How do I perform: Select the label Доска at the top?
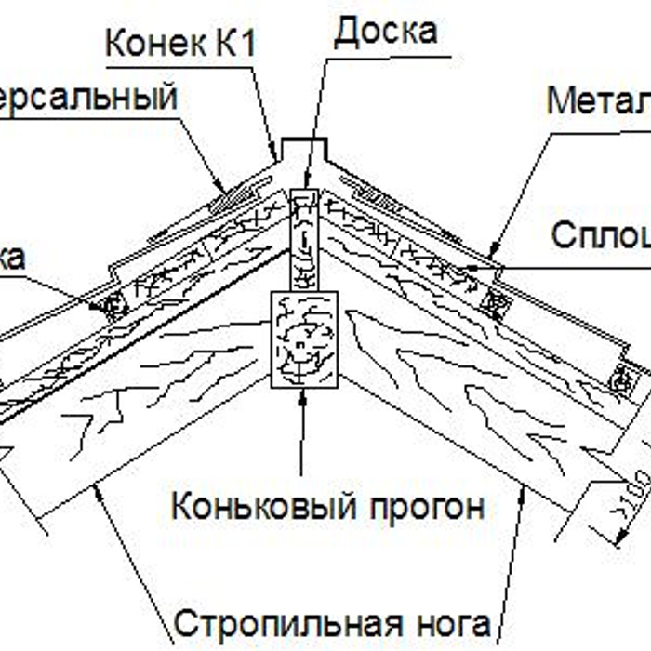[x=385, y=32]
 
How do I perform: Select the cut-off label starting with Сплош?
[x=600, y=235]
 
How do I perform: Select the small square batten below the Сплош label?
[x=495, y=299]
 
